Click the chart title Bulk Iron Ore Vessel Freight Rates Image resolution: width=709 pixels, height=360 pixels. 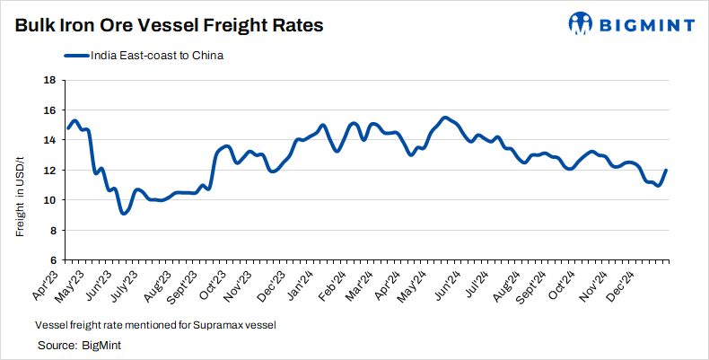(168, 26)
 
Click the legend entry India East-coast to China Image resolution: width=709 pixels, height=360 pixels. (144, 56)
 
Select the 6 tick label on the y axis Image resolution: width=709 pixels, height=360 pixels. (52, 260)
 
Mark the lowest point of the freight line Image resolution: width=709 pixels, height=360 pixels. (124, 214)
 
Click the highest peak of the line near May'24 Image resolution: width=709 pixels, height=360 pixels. (445, 118)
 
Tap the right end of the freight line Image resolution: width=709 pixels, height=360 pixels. (666, 170)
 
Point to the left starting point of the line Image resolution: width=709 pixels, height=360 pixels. (68, 127)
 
